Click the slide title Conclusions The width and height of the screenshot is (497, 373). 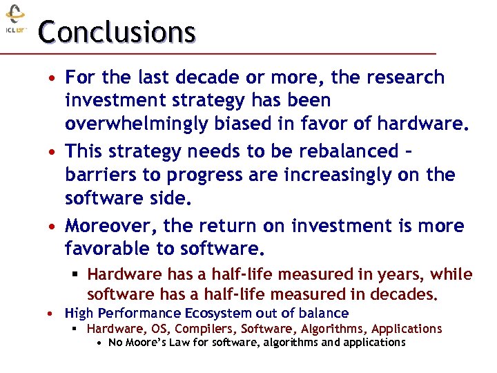tap(117, 32)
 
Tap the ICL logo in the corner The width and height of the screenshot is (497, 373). tap(15, 20)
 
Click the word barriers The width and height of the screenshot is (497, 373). tap(97, 175)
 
